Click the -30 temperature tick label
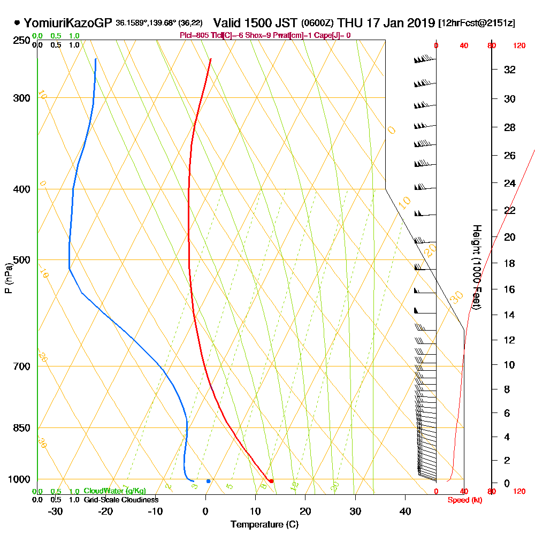pyautogui.click(x=56, y=511)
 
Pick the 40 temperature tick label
pyautogui.click(x=406, y=511)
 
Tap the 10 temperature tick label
pyautogui.click(x=256, y=511)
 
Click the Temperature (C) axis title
pyautogui.click(x=264, y=525)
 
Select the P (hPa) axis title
pyautogui.click(x=8, y=278)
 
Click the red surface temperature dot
pyautogui.click(x=271, y=481)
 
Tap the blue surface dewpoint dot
pyautogui.click(x=208, y=481)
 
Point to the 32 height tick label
pyautogui.click(x=509, y=70)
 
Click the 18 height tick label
pyautogui.click(x=509, y=263)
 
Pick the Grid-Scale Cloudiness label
pyautogui.click(x=121, y=500)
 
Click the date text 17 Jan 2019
pyautogui.click(x=399, y=23)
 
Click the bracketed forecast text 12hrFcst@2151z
pyautogui.click(x=476, y=24)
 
